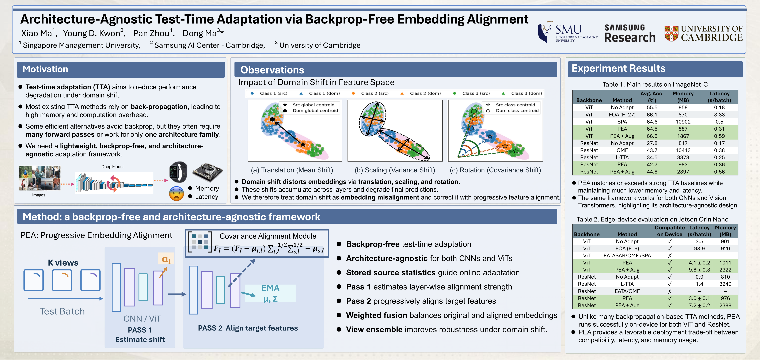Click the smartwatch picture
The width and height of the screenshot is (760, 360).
[178, 172]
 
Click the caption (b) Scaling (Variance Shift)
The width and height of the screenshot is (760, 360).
[395, 170]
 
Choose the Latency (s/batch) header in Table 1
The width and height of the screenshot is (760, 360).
[719, 97]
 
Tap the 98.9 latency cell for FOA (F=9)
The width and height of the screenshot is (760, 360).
[699, 249]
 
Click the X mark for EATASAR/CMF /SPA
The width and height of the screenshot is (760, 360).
[670, 255]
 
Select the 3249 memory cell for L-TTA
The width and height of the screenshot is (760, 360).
[725, 284]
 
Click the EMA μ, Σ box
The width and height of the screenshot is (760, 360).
[270, 293]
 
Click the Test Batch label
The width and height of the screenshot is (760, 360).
[62, 311]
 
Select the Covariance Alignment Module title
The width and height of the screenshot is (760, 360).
[268, 236]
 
